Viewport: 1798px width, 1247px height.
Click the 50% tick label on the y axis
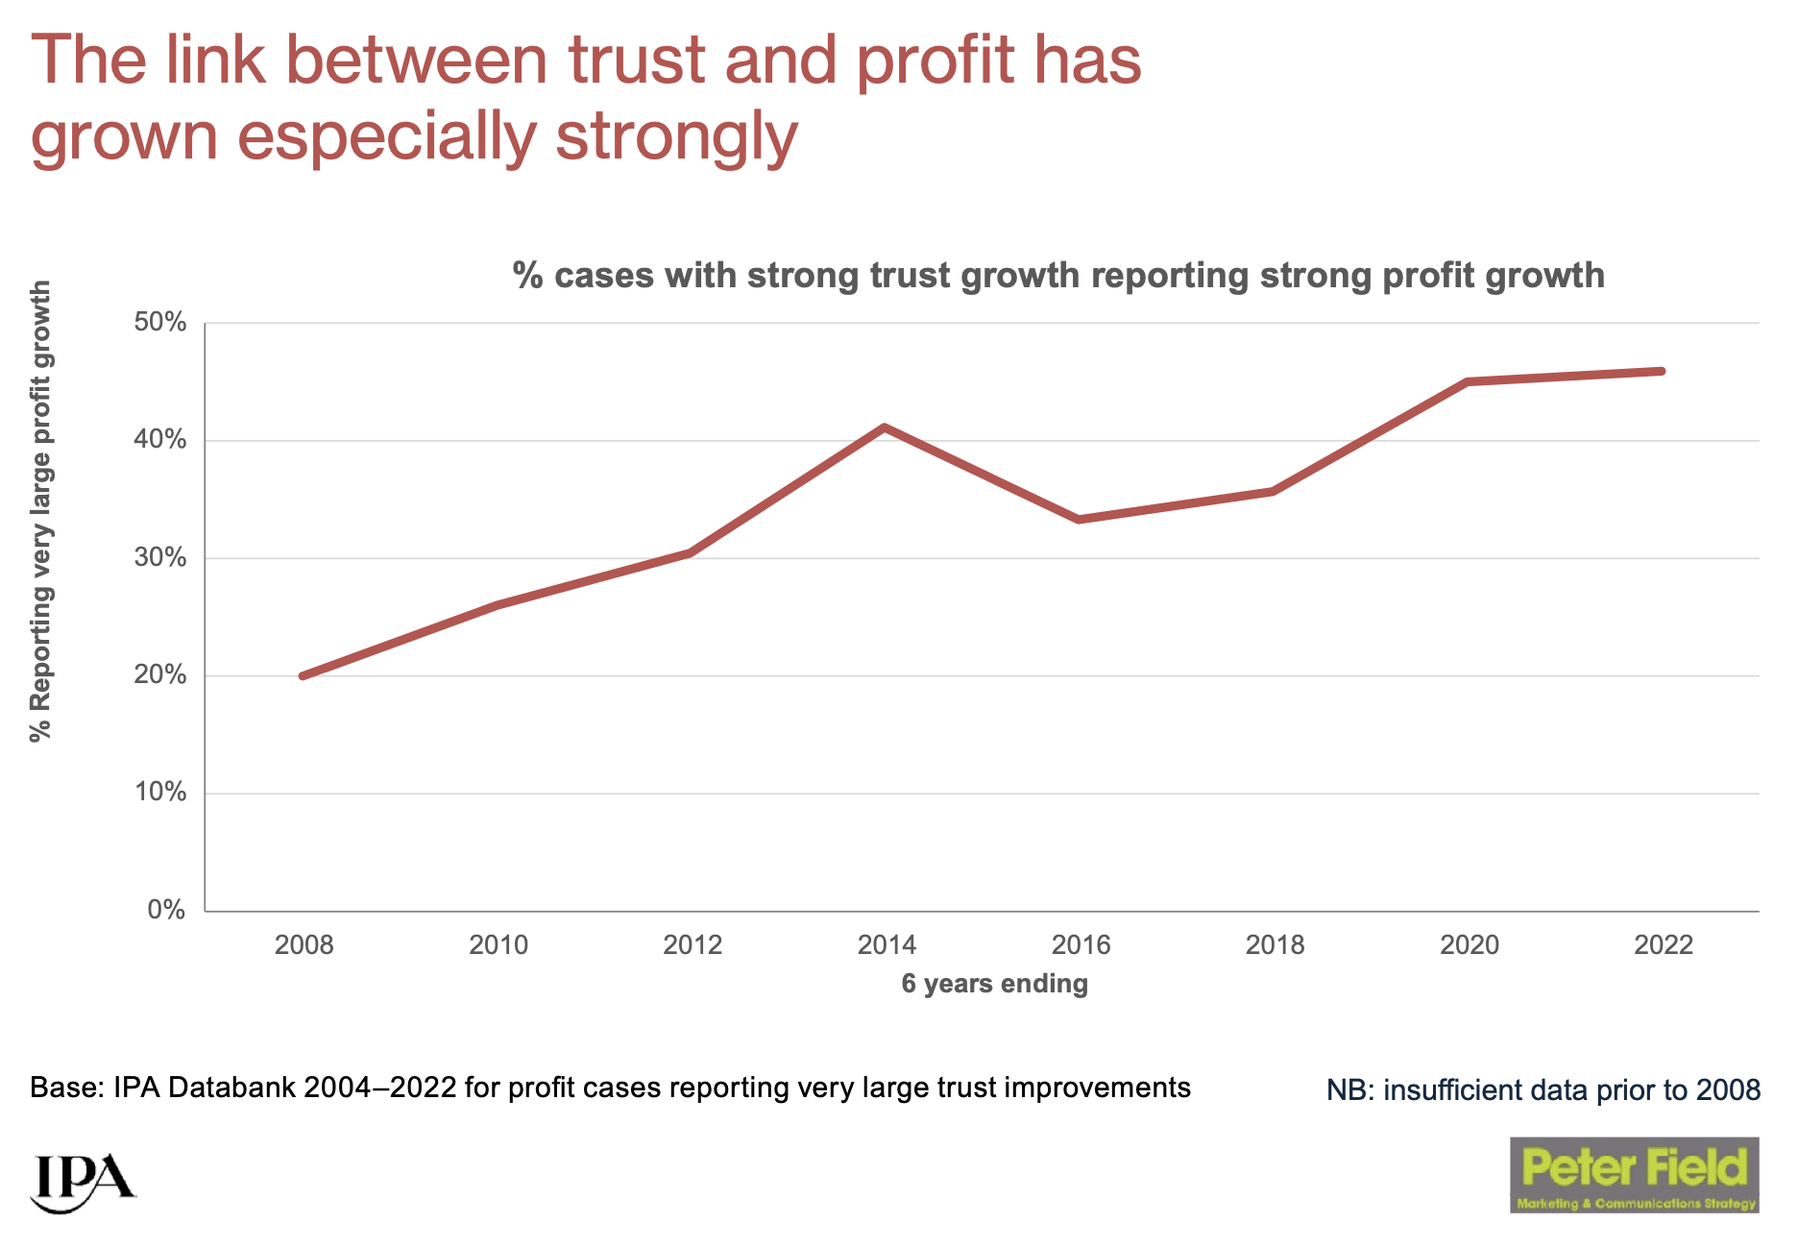[159, 322]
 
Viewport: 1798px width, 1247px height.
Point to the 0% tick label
[166, 910]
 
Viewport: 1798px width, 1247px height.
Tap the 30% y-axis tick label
[159, 557]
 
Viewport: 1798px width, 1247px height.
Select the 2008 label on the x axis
[304, 945]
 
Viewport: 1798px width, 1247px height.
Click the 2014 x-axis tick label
[887, 945]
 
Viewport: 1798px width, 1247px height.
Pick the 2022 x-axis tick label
[1663, 945]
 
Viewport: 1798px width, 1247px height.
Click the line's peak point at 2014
[885, 427]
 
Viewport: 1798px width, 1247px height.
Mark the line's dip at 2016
[1080, 520]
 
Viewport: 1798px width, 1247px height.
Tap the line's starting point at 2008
[304, 676]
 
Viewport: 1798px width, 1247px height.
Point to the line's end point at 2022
[1662, 371]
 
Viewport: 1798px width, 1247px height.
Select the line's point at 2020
[1468, 381]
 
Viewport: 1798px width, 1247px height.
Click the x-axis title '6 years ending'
[994, 984]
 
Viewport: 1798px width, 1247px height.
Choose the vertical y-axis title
[40, 511]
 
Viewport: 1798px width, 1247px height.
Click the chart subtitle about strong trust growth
[1058, 276]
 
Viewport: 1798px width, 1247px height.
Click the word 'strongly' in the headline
[676, 136]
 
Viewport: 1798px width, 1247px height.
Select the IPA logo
[83, 1181]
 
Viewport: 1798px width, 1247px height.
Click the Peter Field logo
[1634, 1174]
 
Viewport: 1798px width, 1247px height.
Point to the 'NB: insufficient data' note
[1543, 1090]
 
